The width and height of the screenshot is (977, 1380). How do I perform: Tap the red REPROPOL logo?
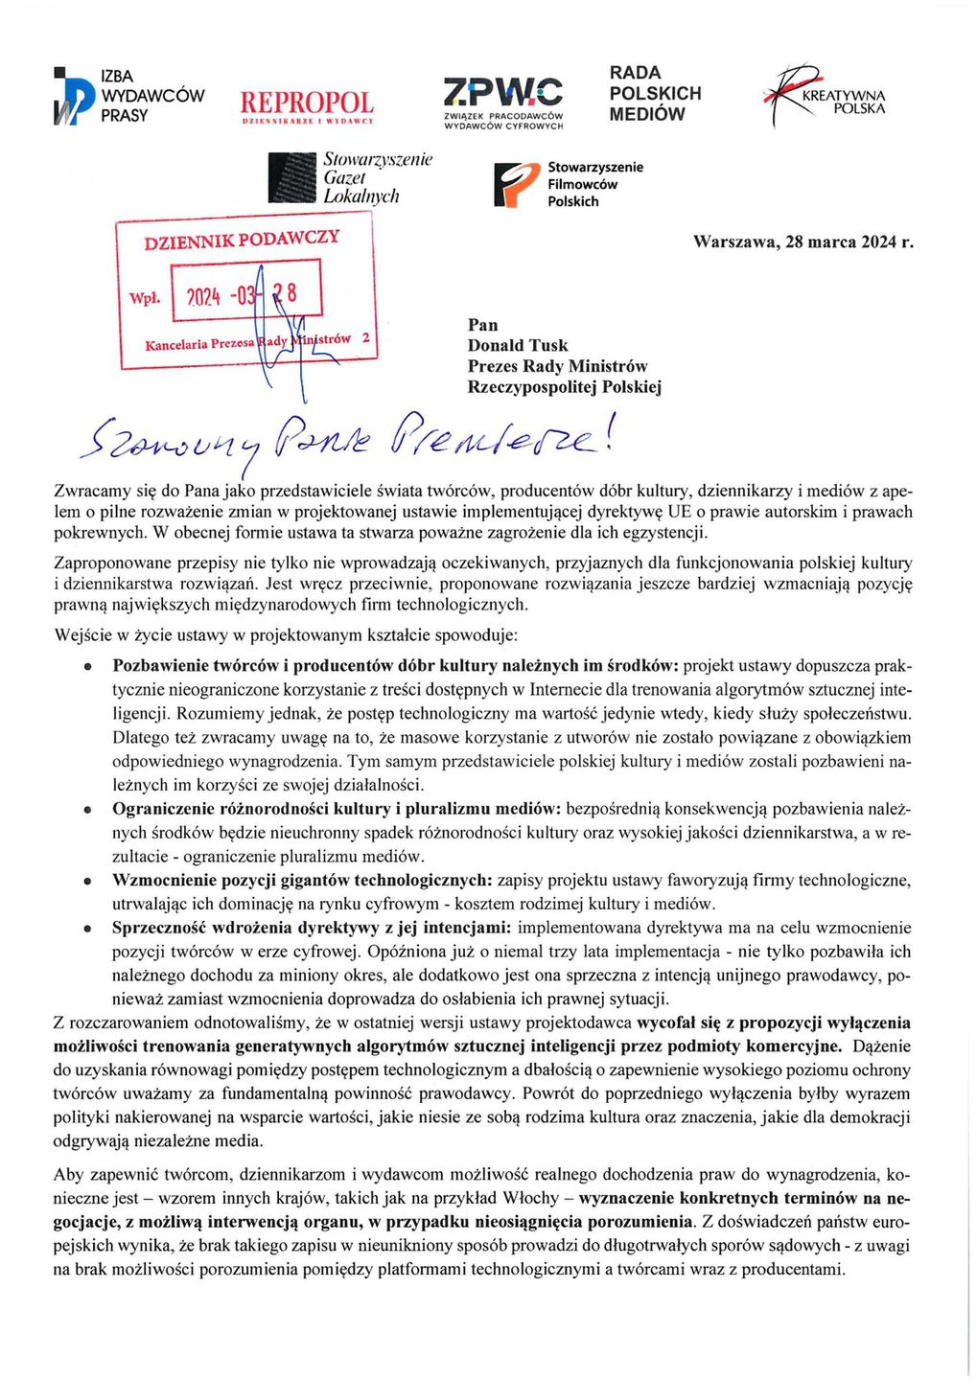[x=307, y=104]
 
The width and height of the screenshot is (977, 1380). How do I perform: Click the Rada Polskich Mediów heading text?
[x=655, y=93]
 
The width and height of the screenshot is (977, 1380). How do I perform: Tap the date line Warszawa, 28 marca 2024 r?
[x=803, y=241]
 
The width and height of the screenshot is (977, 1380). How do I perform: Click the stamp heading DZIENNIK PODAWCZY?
[x=242, y=239]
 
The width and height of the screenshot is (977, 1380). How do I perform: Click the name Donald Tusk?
[x=518, y=345]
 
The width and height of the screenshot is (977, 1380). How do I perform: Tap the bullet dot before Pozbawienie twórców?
[x=87, y=666]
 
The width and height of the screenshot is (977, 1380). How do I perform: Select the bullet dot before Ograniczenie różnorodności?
[x=87, y=810]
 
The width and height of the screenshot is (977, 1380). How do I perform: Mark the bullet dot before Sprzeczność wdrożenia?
[x=87, y=929]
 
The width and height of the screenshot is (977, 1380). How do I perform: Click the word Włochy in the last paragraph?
[x=539, y=1198]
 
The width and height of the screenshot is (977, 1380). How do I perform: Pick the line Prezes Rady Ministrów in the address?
[x=557, y=366]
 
